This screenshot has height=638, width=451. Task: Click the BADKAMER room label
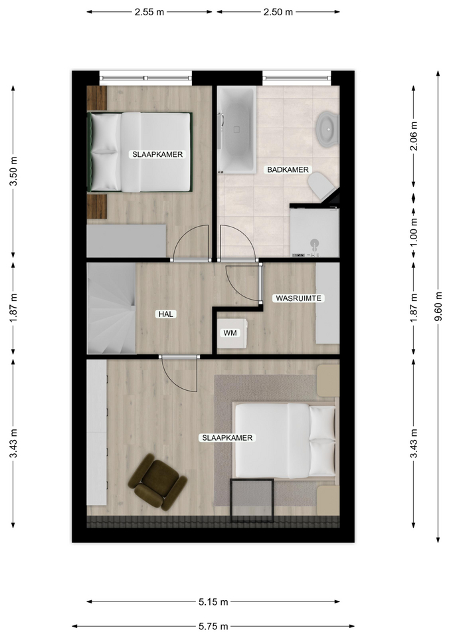coord(288,169)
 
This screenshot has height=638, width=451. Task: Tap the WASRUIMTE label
coord(298,298)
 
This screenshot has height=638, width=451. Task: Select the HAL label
coord(166,314)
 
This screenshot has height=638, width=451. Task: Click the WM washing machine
coord(232,333)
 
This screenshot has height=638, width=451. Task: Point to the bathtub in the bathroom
coord(236,130)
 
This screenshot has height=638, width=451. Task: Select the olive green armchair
coord(157,482)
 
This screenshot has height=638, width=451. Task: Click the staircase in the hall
coord(112,308)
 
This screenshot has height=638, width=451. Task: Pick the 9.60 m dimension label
coord(438,306)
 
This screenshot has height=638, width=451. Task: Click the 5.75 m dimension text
coord(213,627)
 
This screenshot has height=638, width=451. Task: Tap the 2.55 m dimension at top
coord(149,12)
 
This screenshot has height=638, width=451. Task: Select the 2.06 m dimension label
coord(414,136)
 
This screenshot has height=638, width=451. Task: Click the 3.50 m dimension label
coord(13,171)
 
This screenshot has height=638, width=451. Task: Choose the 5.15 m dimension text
coord(213,602)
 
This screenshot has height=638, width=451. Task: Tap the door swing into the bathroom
coord(238,242)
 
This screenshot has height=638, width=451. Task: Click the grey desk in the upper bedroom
coord(126,241)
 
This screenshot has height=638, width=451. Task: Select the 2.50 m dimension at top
coord(278,12)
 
